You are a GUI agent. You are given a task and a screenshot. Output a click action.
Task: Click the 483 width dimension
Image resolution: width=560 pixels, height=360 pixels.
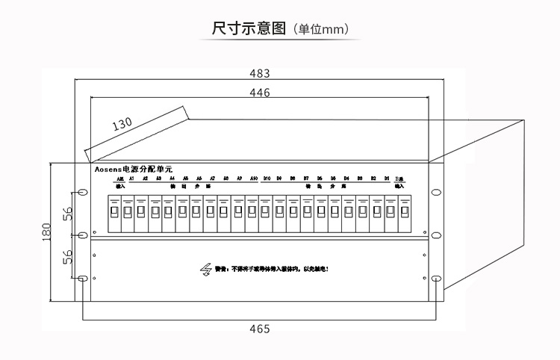click(258, 73)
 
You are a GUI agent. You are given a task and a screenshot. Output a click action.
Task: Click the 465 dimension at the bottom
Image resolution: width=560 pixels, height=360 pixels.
click(258, 329)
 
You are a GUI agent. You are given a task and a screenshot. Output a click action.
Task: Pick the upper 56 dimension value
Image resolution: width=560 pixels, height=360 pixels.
click(66, 214)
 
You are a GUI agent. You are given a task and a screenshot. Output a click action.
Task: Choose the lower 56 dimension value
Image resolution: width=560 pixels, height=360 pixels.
click(66, 257)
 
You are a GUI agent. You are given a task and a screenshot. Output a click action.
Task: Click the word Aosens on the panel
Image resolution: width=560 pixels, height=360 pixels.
click(108, 170)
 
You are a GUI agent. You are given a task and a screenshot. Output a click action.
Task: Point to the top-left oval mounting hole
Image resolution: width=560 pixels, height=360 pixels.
click(81, 192)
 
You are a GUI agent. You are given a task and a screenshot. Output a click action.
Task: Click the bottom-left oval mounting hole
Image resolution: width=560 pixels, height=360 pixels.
click(81, 279)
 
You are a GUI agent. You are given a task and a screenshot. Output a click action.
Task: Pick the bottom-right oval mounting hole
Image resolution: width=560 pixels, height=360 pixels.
click(435, 279)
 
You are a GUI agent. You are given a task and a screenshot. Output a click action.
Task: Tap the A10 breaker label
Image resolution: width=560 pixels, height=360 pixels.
click(254, 179)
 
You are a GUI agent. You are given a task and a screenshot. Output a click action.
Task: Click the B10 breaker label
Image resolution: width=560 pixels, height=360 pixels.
click(267, 179)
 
